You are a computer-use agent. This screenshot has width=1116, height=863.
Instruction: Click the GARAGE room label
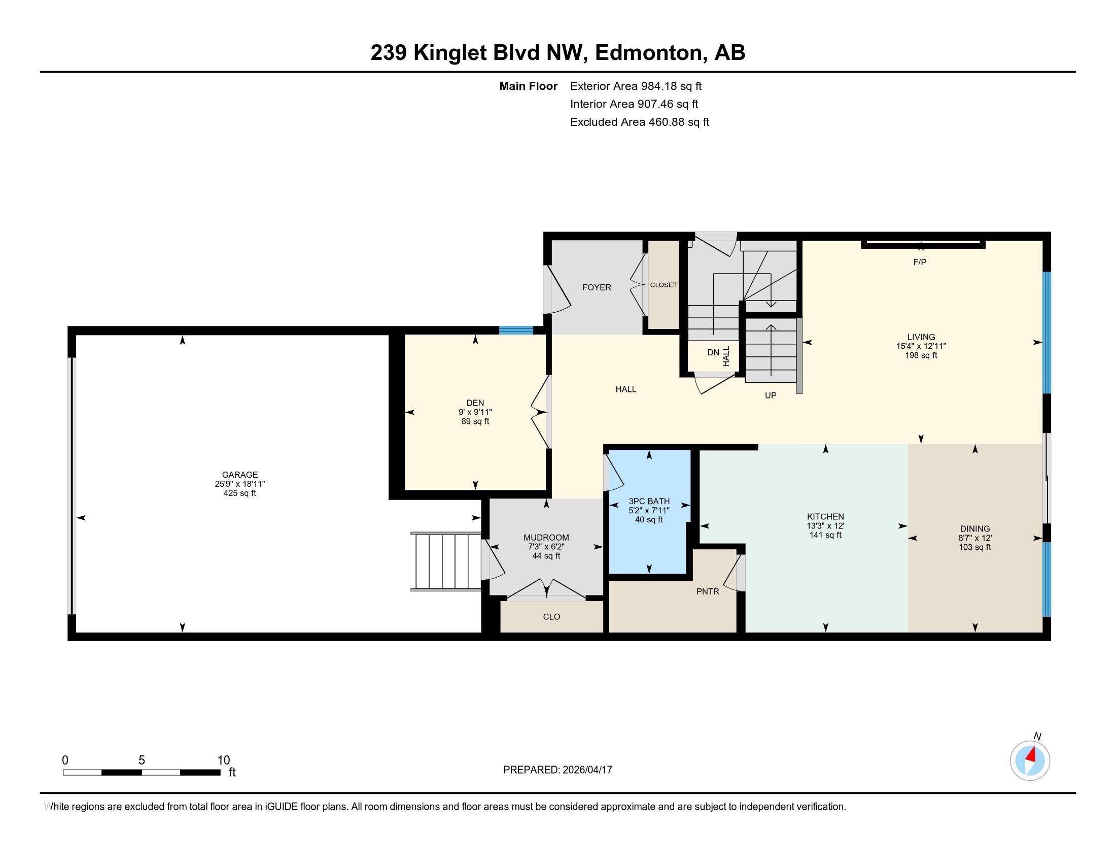pyautogui.click(x=239, y=475)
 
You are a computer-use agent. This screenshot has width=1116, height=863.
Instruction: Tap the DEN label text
pyautogui.click(x=475, y=403)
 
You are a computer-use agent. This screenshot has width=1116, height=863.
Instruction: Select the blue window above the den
pyautogui.click(x=515, y=330)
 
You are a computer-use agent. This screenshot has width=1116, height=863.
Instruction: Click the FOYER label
pyautogui.click(x=597, y=287)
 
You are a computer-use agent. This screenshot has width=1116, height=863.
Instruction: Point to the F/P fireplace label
pyautogui.click(x=919, y=262)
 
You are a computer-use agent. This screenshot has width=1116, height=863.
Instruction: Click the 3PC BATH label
pyautogui.click(x=649, y=501)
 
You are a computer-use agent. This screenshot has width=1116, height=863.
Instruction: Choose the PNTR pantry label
pyautogui.click(x=707, y=591)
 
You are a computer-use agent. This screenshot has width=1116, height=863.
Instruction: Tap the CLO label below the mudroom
pyautogui.click(x=551, y=617)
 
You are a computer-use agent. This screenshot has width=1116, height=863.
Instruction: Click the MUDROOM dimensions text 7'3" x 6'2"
pyautogui.click(x=546, y=547)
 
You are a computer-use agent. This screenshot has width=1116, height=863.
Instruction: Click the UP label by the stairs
pyautogui.click(x=770, y=395)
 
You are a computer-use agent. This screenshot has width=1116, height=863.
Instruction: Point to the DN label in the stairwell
pyautogui.click(x=713, y=353)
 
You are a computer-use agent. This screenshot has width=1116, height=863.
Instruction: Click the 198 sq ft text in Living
pyautogui.click(x=921, y=355)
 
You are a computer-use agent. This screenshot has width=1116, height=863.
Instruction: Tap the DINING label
pyautogui.click(x=974, y=528)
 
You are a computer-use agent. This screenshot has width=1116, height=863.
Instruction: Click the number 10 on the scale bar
pyautogui.click(x=223, y=760)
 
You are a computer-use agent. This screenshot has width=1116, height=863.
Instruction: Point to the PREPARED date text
pyautogui.click(x=557, y=770)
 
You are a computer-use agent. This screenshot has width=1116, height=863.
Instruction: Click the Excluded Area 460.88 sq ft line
pyautogui.click(x=639, y=122)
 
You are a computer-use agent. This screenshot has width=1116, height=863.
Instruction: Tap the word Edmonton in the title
pyautogui.click(x=648, y=53)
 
